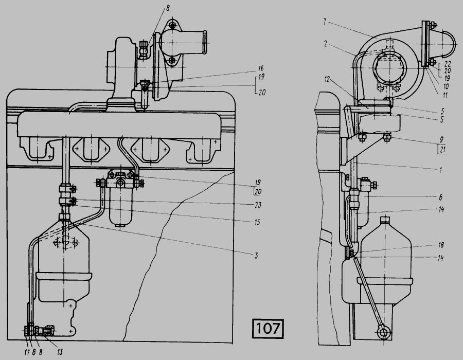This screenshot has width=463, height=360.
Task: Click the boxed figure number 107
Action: point(268,328)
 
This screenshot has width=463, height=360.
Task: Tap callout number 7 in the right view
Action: point(325,22)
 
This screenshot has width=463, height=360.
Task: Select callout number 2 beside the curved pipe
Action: point(326,44)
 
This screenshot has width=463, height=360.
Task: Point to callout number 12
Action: point(327,80)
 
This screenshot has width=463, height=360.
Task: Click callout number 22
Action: point(448,64)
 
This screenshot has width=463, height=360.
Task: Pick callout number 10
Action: point(446,86)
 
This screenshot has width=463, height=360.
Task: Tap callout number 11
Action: point(444,95)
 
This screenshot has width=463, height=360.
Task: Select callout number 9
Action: point(442,139)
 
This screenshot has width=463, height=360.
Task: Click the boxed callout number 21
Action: point(442,149)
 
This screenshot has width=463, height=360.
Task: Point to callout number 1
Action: point(441,170)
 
